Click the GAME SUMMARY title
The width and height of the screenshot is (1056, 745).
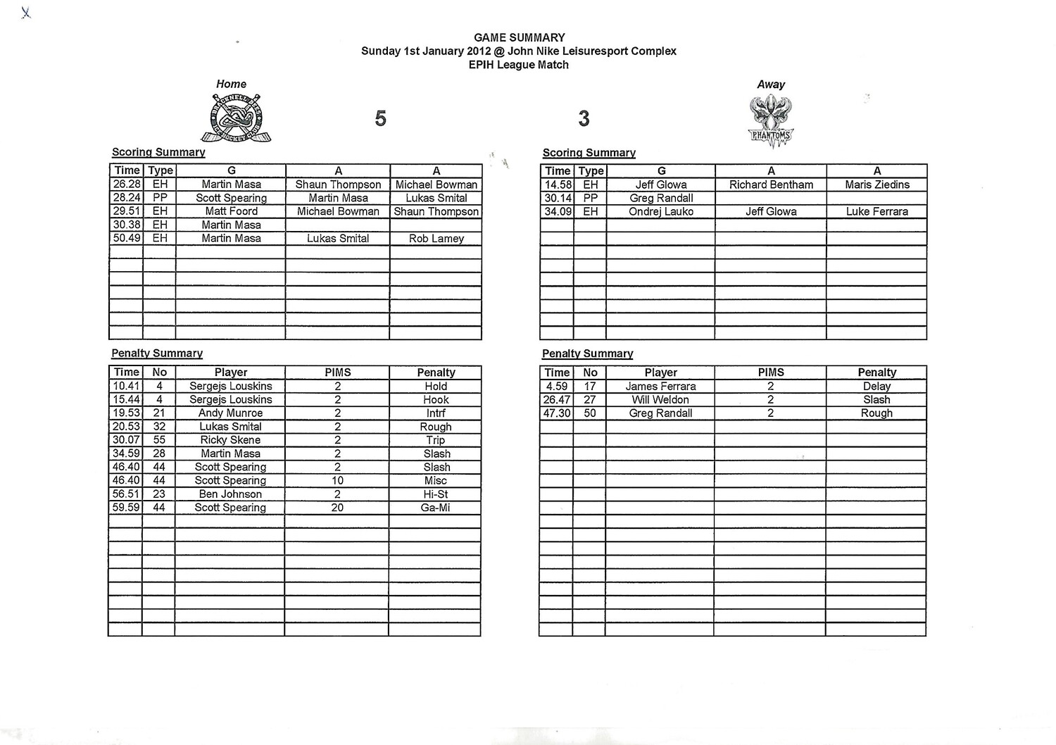[x=519, y=37]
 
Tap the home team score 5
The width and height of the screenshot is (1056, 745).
[x=380, y=118]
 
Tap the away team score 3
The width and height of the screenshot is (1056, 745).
[x=584, y=118]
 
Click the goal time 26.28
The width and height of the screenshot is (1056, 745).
[x=127, y=184]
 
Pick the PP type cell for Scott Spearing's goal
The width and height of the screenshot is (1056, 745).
[x=160, y=198]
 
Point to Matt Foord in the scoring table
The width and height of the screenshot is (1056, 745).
[x=231, y=211]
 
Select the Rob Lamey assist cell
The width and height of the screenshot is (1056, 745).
[x=436, y=239]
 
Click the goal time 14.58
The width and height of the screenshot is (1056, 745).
[x=557, y=184]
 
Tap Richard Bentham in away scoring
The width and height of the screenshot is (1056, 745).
[x=771, y=184]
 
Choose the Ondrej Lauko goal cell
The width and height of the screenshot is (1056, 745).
[x=661, y=211]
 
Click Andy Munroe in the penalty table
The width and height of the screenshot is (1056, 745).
[x=230, y=413]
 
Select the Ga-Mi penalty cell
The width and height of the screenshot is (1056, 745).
[x=435, y=508]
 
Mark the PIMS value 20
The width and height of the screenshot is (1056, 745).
[x=337, y=508]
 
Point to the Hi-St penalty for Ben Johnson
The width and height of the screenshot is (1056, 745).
[x=435, y=494]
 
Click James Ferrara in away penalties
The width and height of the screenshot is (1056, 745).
[x=660, y=387]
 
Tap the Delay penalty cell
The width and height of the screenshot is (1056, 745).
[x=876, y=387]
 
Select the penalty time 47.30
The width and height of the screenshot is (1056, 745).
[x=556, y=413]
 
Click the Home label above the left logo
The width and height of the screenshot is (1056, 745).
[x=231, y=84]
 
